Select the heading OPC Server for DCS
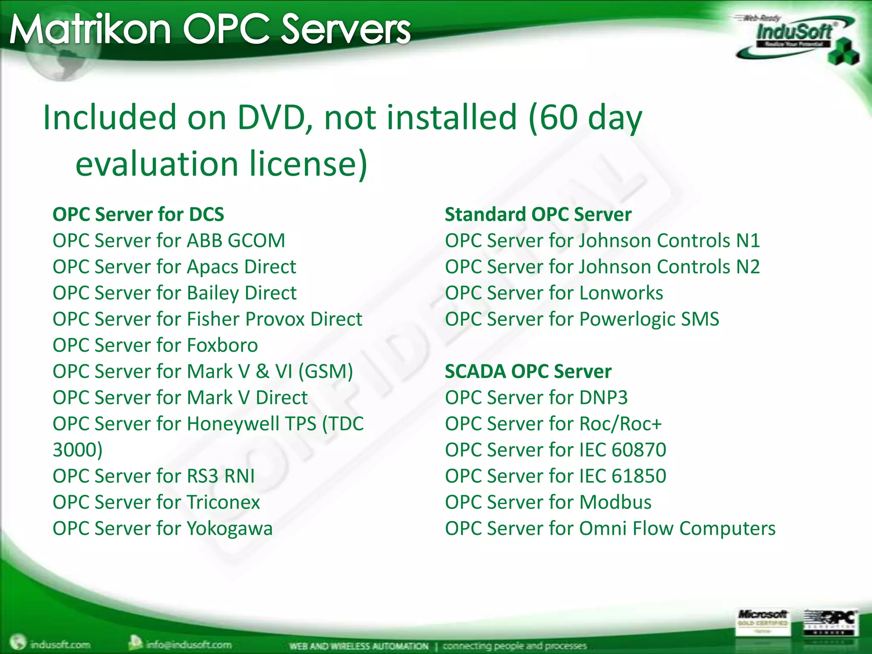point(138,214)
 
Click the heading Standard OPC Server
point(538,214)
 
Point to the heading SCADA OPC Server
point(528,371)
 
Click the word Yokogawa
point(229,529)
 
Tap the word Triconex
point(223,502)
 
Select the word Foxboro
point(222,345)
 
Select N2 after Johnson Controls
point(748,267)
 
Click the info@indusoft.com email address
point(188,644)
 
